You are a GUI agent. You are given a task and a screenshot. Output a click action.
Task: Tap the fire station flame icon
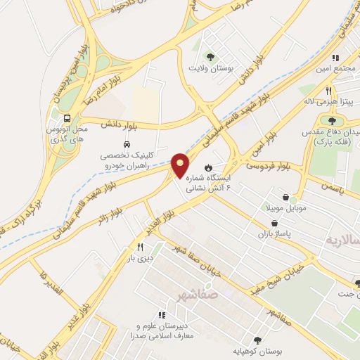coord(208,167)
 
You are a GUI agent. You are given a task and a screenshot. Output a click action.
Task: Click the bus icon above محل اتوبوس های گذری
coord(66,118)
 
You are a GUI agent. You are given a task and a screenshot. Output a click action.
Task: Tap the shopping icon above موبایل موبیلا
coord(285,198)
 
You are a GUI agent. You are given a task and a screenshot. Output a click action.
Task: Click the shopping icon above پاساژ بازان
coord(268,219)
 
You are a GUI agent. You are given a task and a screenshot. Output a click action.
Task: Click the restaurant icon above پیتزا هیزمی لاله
coord(328,91)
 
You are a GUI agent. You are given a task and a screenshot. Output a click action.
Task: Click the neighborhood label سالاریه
coord(340,240)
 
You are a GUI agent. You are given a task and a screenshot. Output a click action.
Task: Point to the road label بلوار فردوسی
coord(268,166)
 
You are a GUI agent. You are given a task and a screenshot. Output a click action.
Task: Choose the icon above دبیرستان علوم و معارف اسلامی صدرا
coord(162,315)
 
